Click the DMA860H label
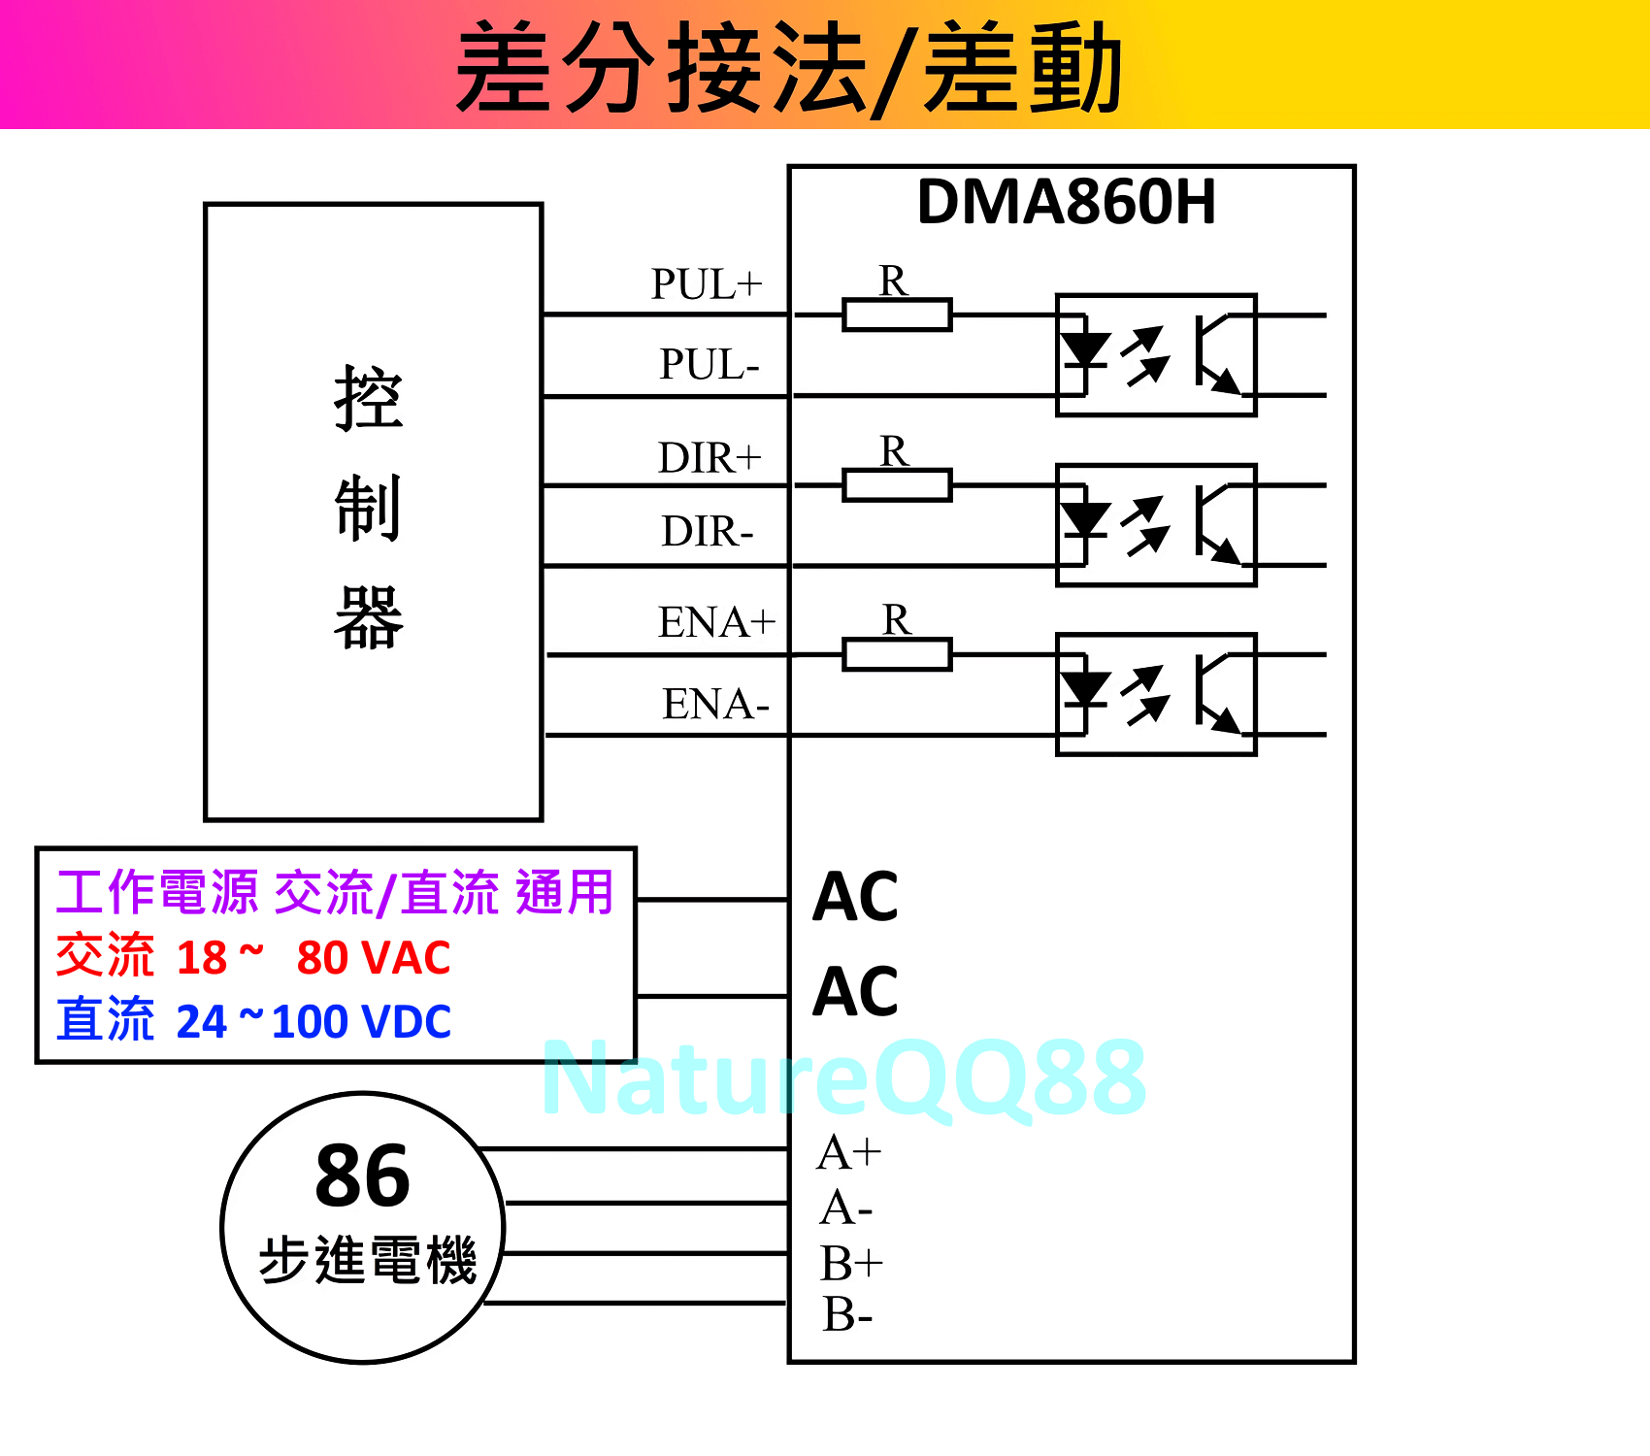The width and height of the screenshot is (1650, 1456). point(1066,202)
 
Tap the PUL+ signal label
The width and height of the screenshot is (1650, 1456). point(707,284)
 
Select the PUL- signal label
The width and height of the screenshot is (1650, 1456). point(709,365)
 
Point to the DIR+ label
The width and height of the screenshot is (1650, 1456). point(709,457)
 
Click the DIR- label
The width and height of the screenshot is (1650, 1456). point(708,532)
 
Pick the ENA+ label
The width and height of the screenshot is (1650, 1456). point(716,622)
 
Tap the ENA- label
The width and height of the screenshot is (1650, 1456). point(715,704)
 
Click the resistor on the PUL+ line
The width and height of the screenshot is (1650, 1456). point(897,315)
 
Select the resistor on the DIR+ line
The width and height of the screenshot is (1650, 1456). point(897,485)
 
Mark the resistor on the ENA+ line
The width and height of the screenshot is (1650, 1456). point(897,655)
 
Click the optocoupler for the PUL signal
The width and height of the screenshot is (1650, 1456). point(1156,355)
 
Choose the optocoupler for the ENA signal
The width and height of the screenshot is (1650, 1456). point(1156,694)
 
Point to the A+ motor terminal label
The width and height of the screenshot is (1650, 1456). point(849,1153)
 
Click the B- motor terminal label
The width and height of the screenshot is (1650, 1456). point(847,1315)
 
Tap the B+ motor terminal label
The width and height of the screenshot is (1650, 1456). point(851,1264)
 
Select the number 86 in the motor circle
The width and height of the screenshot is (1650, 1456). point(363,1175)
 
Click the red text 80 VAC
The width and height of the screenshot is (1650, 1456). point(374,958)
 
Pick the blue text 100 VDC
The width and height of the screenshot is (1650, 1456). point(361,1022)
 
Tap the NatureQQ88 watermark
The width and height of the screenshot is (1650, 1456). point(844,1077)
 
